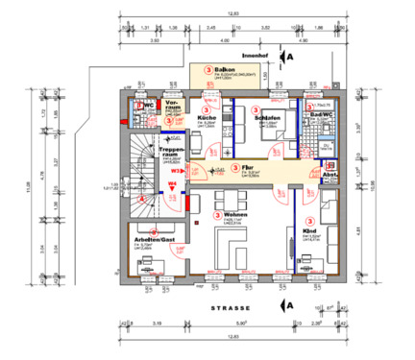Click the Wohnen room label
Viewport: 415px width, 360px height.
236,214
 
